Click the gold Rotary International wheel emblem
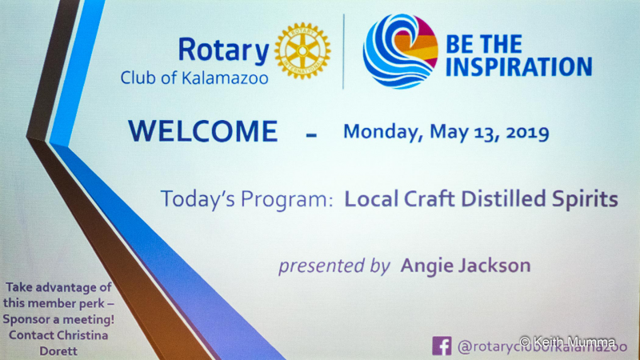(302, 50)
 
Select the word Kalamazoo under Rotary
(225, 78)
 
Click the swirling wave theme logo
(401, 51)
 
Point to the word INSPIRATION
(518, 67)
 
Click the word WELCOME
(203, 131)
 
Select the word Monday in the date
(383, 132)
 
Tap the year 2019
(527, 133)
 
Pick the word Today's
(198, 198)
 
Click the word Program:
(287, 199)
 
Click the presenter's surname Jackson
(494, 266)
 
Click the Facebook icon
(442, 346)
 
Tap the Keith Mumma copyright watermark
(568, 342)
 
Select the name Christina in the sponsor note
(82, 335)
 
